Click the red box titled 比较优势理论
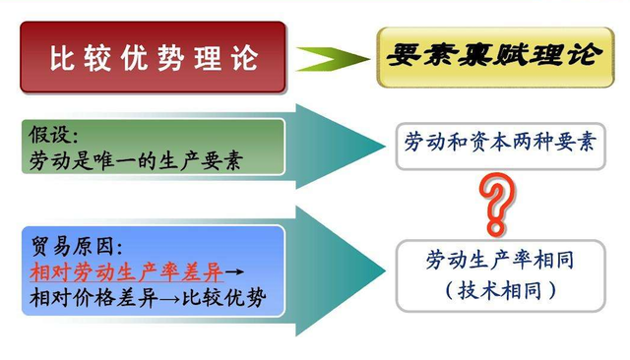153,57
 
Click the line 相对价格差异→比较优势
148,295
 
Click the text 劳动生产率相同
499,261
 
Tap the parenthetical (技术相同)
499,290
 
